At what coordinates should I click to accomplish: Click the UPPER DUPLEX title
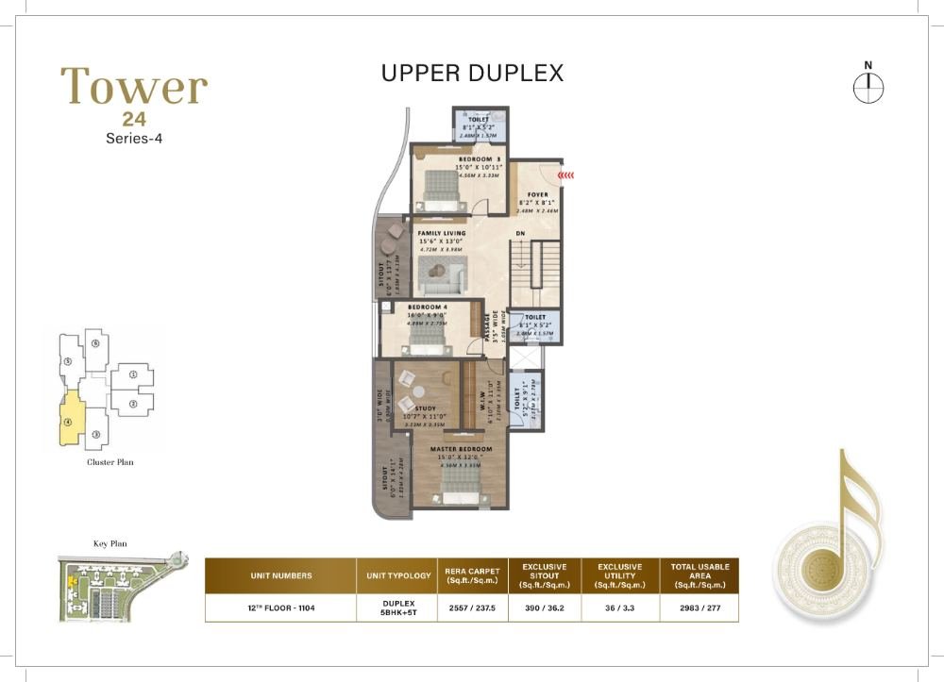[x=472, y=73]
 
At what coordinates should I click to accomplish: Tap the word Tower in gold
[x=134, y=87]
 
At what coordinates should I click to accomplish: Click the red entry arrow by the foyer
[x=565, y=175]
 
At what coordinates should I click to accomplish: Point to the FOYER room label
[x=537, y=195]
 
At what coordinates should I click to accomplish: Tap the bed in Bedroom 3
[x=440, y=192]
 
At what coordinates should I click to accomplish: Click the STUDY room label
[x=425, y=408]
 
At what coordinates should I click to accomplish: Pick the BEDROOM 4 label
[x=428, y=308]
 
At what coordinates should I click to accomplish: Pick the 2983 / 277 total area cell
[x=700, y=608]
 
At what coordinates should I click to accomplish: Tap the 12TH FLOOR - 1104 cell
[x=280, y=608]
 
